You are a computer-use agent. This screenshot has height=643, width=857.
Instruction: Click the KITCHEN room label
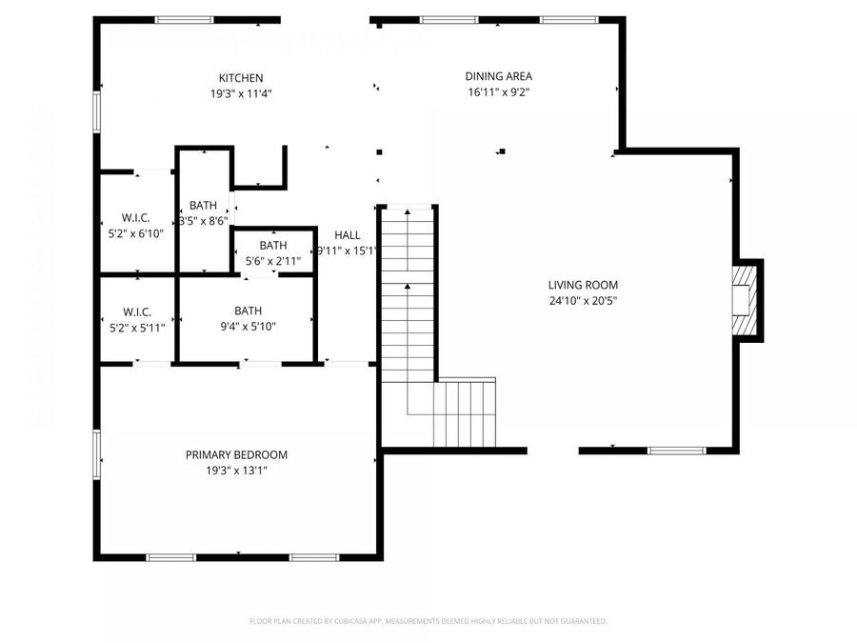pyautogui.click(x=241, y=78)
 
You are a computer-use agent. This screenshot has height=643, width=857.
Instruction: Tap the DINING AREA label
pyautogui.click(x=498, y=76)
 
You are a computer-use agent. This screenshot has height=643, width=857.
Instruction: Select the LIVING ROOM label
pyautogui.click(x=583, y=285)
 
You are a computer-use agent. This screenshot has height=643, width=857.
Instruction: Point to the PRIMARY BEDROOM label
pyautogui.click(x=236, y=455)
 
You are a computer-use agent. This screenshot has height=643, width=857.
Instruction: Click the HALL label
pyautogui.click(x=347, y=235)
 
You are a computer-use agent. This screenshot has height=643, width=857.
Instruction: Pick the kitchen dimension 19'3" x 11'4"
pyautogui.click(x=242, y=93)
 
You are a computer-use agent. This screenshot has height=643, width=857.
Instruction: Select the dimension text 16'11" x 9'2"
pyautogui.click(x=498, y=92)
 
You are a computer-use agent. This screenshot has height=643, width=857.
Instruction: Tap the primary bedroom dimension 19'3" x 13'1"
pyautogui.click(x=236, y=470)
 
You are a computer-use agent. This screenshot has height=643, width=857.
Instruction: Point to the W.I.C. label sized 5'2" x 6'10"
pyautogui.click(x=137, y=217)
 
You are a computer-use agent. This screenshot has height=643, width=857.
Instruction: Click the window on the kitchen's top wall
pyautogui.click(x=185, y=19)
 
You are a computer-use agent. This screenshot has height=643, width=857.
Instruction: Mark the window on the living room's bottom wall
pyautogui.click(x=676, y=451)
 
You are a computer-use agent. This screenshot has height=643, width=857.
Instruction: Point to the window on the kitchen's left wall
pyautogui.click(x=97, y=110)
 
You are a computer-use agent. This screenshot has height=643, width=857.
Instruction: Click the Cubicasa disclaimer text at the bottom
pyautogui.click(x=428, y=621)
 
